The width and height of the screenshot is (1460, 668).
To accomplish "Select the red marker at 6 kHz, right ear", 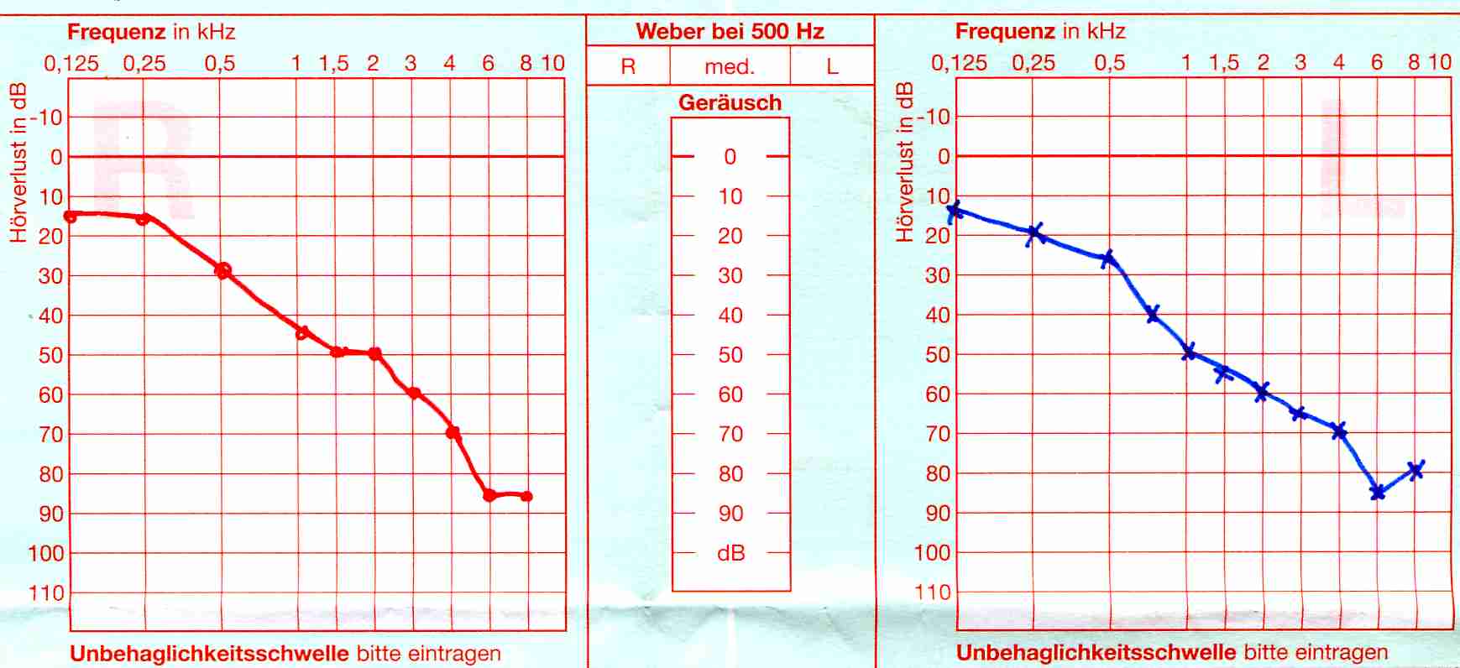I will tap(489, 495).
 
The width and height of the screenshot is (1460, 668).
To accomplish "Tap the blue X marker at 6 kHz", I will tap(1377, 492).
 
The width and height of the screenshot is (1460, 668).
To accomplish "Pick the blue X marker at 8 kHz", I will tap(1416, 470).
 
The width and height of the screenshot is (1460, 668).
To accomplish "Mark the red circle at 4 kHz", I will tap(453, 433).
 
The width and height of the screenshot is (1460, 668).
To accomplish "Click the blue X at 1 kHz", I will tap(1189, 352).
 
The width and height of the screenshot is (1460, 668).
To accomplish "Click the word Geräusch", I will tap(730, 102).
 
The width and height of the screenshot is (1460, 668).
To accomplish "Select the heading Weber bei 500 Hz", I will tap(730, 31).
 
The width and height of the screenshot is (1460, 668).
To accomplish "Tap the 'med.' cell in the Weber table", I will tap(730, 66).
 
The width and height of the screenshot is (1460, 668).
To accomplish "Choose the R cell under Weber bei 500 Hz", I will tap(628, 66).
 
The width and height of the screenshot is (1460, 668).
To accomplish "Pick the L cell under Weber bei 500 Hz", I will tap(832, 66).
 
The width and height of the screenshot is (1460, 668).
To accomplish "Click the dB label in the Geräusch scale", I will tap(730, 553).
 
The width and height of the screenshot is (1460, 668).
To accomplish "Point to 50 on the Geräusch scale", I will tap(730, 355).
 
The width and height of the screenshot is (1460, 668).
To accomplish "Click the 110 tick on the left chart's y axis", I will tap(46, 593).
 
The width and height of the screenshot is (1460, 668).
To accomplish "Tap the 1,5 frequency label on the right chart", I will tap(1224, 62).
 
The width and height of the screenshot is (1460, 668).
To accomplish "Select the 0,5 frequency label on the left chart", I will tap(220, 63).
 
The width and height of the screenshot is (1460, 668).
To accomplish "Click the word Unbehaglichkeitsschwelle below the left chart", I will tap(209, 653).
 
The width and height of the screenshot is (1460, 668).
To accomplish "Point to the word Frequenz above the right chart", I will tap(1005, 31).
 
